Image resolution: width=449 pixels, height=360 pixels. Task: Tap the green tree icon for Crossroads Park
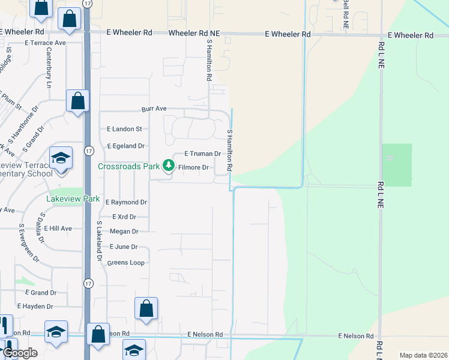(x=168, y=167)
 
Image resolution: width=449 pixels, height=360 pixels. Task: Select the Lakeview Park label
(x=73, y=199)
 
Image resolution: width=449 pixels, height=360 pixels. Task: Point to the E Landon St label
(x=124, y=129)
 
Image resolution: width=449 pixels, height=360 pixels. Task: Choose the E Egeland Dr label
(x=126, y=146)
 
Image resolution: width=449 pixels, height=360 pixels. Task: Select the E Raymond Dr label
(x=126, y=203)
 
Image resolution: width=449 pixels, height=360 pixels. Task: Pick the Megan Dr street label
(x=124, y=232)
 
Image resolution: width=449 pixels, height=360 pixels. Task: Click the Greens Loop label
(x=125, y=263)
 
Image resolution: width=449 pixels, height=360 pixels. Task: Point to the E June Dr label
(x=124, y=247)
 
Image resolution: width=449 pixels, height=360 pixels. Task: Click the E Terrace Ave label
(x=45, y=43)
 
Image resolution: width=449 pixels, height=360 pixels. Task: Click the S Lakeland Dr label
(x=100, y=241)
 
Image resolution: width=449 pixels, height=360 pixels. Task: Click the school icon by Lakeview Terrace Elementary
(x=61, y=158)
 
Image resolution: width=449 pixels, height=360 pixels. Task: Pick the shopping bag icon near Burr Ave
(x=77, y=101)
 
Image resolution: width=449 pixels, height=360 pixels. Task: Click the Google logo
(x=19, y=353)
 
